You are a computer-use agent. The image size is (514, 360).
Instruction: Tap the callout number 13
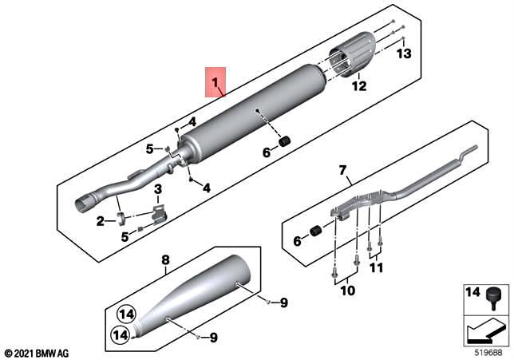404,54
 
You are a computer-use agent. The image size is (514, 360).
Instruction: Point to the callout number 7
343,170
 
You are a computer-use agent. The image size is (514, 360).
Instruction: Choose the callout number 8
165,259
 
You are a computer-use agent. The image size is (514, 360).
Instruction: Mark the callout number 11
376,268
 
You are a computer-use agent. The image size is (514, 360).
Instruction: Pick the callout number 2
100,221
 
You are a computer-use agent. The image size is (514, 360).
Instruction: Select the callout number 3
158,189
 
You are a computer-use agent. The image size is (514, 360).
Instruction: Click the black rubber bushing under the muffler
282,142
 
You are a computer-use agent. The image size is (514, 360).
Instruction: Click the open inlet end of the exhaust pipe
83,204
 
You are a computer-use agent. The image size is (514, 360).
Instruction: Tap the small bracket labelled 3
158,213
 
